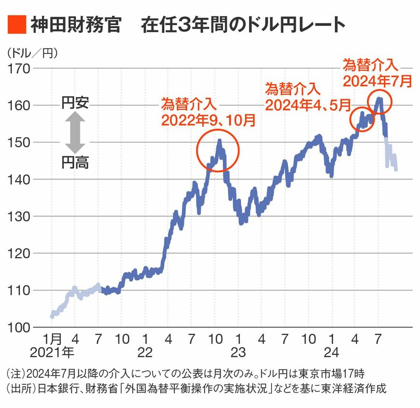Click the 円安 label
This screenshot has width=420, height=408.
75,103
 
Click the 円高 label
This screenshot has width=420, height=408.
75,163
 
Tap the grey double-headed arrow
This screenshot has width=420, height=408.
75,133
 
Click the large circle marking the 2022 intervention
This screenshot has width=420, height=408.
218,150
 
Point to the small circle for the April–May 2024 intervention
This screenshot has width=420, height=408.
362,119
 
